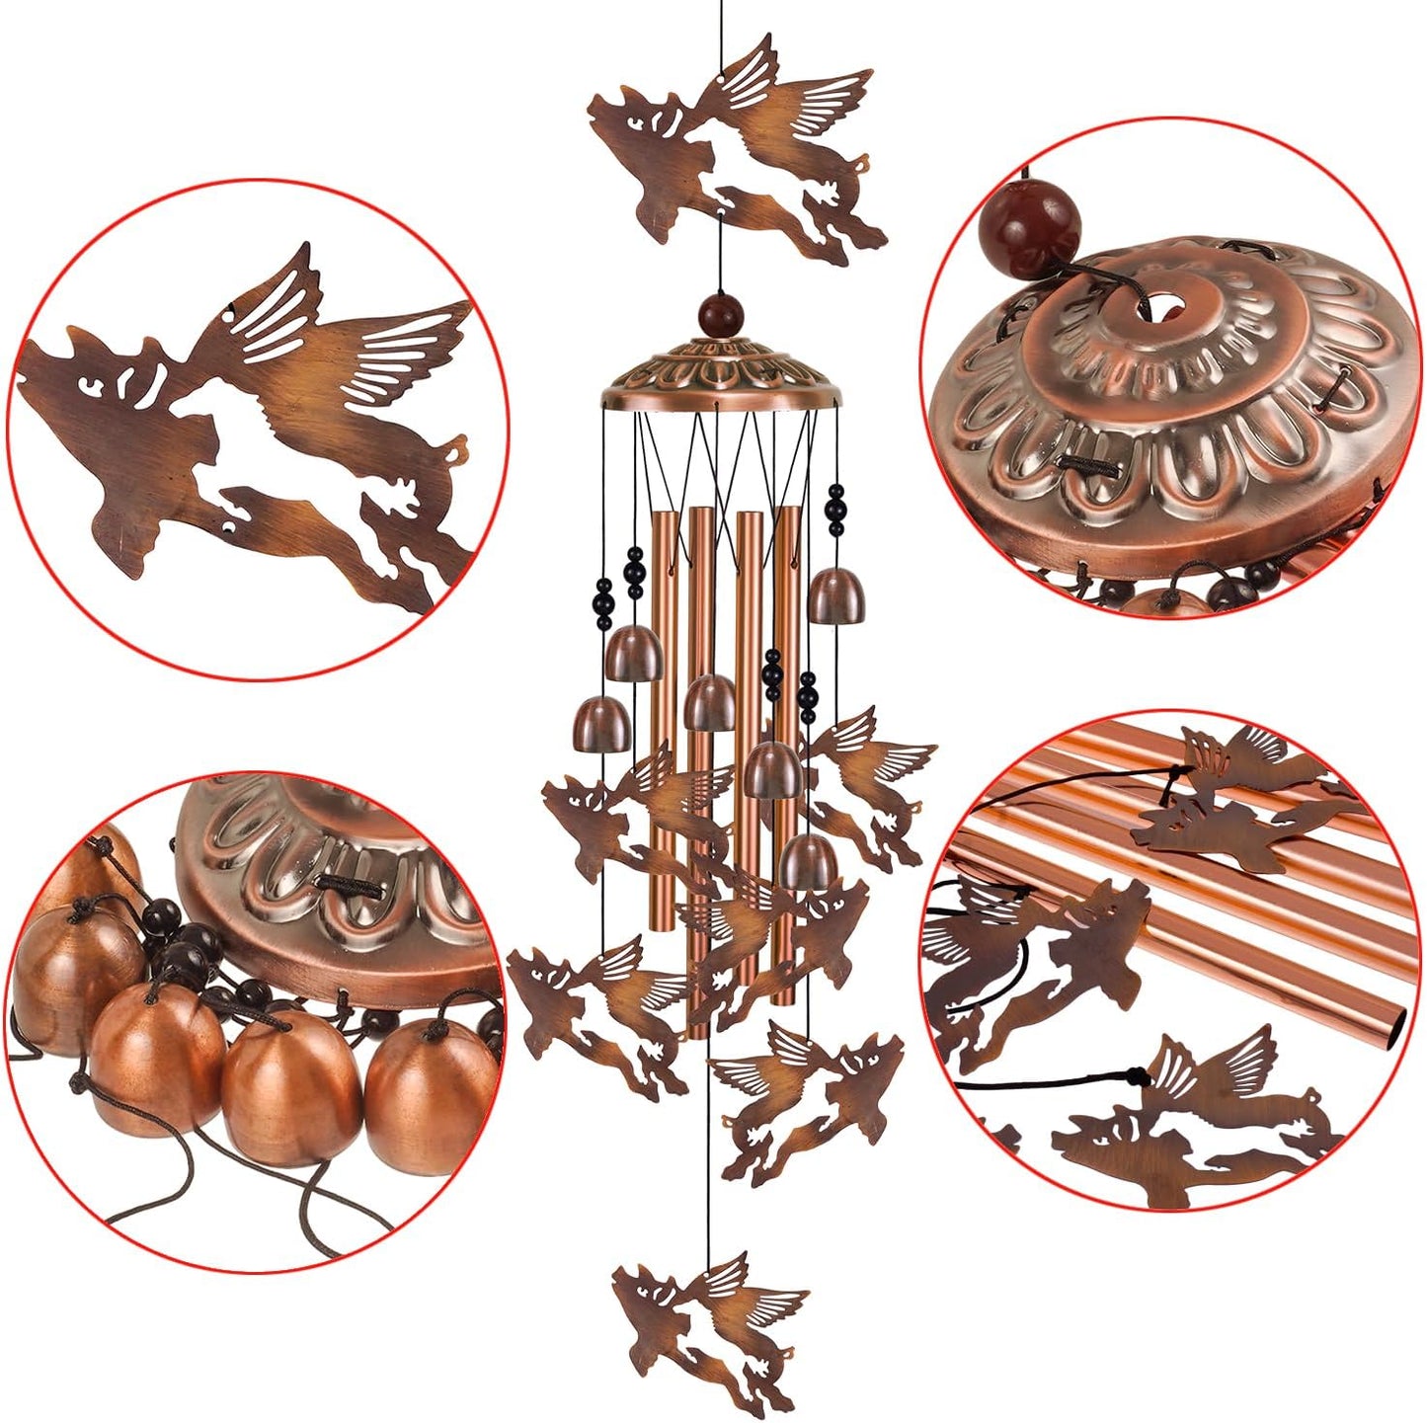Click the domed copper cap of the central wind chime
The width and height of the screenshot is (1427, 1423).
click(721, 375)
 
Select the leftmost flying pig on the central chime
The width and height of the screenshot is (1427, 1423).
click(593, 997)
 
